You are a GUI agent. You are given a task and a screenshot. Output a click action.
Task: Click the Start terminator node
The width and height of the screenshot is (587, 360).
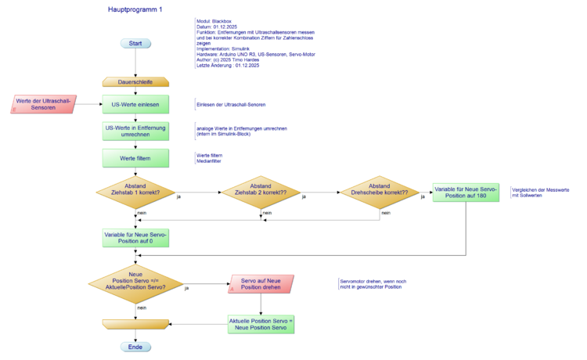[x=135, y=44]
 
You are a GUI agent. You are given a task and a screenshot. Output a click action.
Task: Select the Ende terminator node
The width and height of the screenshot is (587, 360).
[x=135, y=347]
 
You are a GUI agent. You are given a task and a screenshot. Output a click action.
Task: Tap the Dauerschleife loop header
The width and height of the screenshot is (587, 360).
[x=135, y=81]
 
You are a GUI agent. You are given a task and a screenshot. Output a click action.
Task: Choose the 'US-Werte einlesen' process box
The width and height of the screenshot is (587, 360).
[x=135, y=104]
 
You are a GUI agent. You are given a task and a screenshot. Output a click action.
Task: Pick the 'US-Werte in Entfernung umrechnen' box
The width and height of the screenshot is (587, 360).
[x=135, y=131]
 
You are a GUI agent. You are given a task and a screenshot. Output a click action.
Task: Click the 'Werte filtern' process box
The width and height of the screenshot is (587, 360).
[x=135, y=158]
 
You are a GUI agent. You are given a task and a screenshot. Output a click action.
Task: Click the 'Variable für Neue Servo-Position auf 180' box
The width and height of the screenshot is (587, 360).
[x=466, y=193]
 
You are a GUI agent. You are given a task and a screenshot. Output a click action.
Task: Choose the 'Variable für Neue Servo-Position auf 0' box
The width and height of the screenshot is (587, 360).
[x=135, y=237]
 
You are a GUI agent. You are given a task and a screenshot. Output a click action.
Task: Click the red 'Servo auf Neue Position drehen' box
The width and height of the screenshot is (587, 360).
[x=261, y=284]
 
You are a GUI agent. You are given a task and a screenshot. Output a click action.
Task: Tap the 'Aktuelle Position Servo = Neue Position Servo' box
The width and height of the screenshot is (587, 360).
[x=261, y=322]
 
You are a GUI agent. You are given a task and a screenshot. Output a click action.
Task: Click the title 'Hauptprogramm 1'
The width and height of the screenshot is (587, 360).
[x=135, y=9]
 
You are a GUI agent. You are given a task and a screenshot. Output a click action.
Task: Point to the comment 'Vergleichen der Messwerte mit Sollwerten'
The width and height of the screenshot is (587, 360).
[x=540, y=193]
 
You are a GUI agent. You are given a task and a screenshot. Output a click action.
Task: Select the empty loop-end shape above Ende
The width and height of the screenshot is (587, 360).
[x=135, y=323]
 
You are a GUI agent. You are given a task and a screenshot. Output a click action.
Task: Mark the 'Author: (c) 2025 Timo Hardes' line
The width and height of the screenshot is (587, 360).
[x=228, y=60]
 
